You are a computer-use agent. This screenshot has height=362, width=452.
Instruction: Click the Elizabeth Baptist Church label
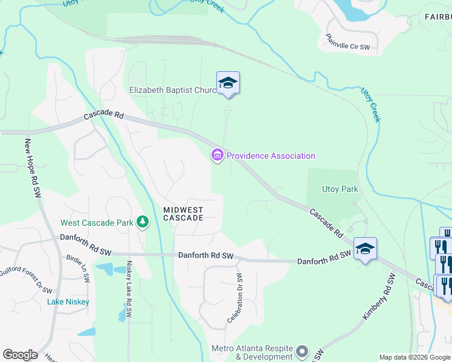(173, 91)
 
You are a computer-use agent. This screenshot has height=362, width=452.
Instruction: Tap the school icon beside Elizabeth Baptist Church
(228, 83)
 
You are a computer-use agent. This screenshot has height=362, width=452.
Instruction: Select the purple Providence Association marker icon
(217, 156)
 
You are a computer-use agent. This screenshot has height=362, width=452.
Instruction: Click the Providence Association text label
(271, 156)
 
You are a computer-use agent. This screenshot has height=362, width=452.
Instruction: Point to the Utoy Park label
(340, 189)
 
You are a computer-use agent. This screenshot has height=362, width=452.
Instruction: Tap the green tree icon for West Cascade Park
(143, 223)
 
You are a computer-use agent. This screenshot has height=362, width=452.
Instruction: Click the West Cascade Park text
(97, 223)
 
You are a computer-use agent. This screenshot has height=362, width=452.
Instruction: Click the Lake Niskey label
(69, 302)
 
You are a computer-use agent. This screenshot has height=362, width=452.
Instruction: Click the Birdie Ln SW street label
(77, 267)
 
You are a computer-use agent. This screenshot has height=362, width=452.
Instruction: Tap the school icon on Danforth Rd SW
(365, 249)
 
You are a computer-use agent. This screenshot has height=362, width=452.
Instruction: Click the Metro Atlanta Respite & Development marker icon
(303, 351)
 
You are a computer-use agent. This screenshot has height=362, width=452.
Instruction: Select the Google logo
(20, 355)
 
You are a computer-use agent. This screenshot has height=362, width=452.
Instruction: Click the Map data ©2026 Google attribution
(415, 357)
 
